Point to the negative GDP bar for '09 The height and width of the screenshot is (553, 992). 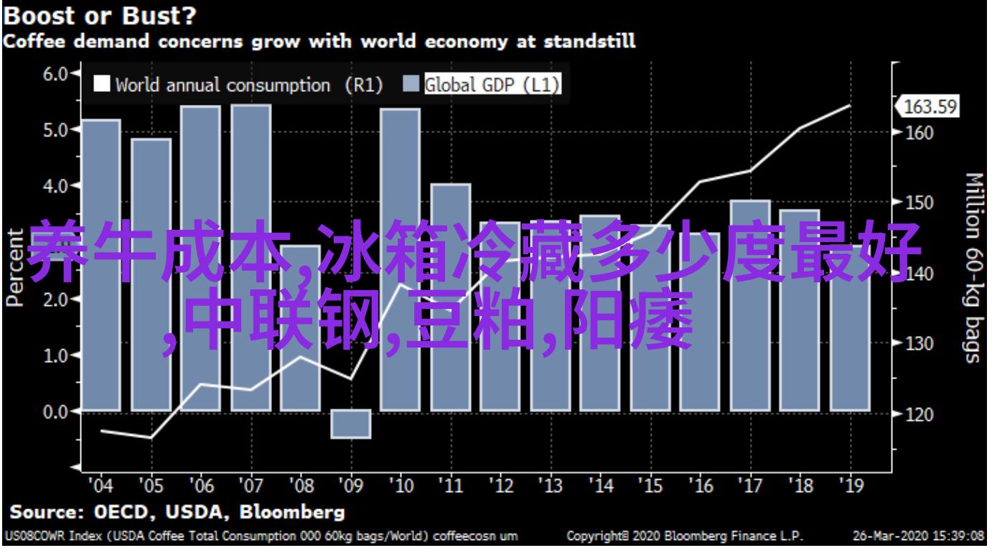point(351,424)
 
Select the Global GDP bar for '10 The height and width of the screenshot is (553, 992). point(401,259)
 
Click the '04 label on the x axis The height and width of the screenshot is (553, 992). point(100,486)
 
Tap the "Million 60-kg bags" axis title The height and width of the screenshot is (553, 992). point(973,267)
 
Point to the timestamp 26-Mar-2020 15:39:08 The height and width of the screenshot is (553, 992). point(918,536)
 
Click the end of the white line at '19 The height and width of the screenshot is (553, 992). point(850,106)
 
